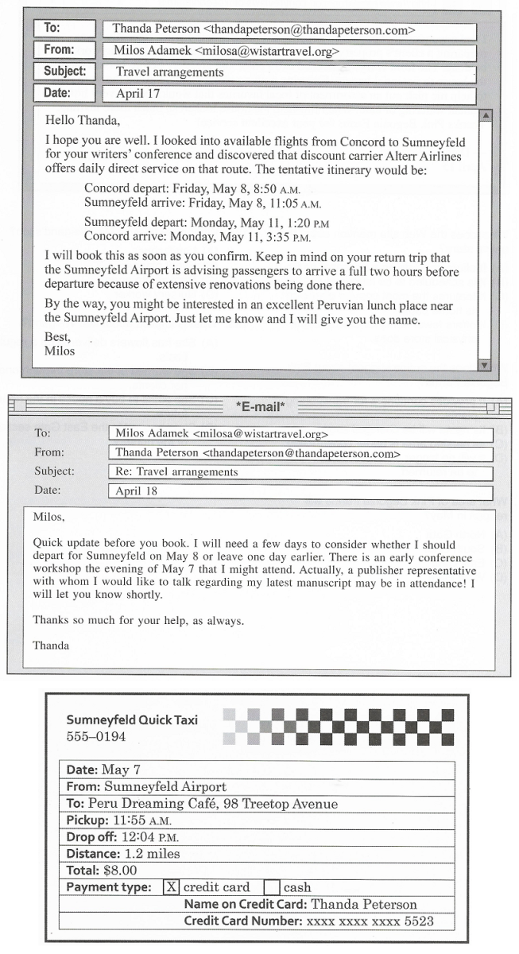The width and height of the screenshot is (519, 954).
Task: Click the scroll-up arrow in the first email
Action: (486, 115)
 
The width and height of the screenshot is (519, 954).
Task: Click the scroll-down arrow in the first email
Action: (486, 364)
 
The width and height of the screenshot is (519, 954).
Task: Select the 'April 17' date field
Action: (289, 95)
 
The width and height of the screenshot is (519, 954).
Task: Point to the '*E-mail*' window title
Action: (260, 408)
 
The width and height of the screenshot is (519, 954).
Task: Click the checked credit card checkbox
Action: (171, 887)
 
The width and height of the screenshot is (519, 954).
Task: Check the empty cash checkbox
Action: (272, 887)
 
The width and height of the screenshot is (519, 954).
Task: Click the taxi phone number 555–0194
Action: (96, 737)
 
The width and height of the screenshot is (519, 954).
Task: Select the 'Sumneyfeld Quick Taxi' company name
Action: (132, 720)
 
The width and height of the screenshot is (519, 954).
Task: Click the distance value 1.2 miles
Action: (152, 854)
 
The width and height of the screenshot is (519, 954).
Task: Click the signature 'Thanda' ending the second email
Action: (51, 646)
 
